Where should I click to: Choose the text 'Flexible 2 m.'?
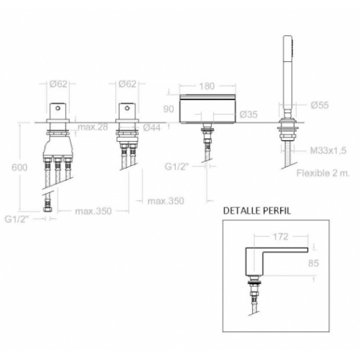[322, 173]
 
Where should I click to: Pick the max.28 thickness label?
[94, 127]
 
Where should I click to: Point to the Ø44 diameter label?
[152, 127]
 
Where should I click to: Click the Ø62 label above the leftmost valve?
[59, 85]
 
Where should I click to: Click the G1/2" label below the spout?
[175, 168]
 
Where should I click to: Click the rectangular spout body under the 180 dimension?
[207, 110]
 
